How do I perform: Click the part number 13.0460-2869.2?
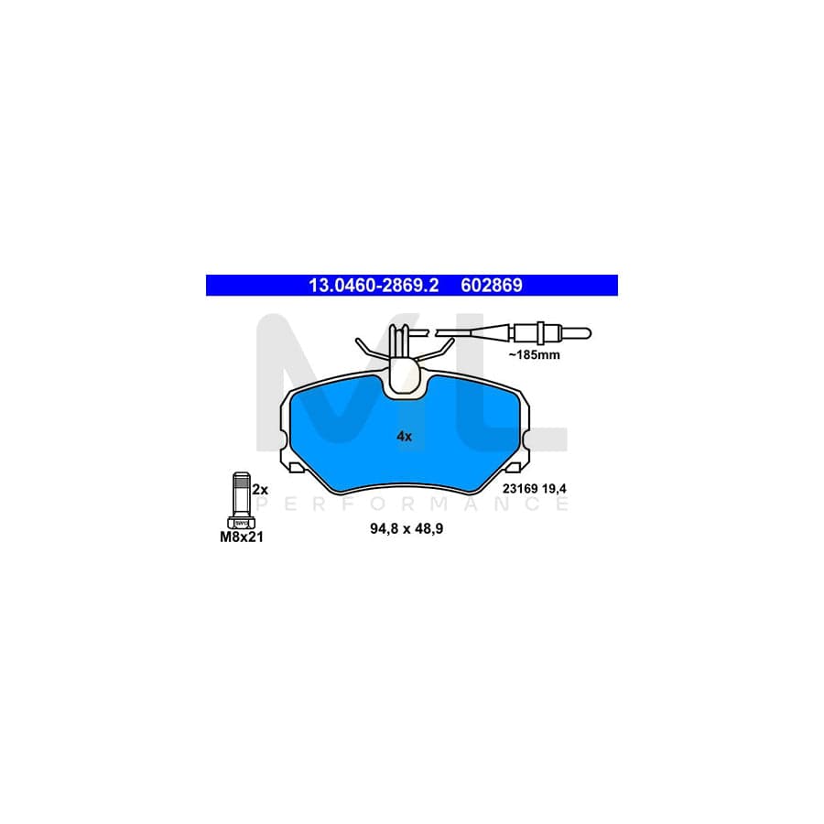coord(374,286)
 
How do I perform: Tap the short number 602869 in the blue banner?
coord(492,286)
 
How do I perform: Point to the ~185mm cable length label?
coord(534,354)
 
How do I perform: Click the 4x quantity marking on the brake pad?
coord(404,436)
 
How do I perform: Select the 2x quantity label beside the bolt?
coord(260,490)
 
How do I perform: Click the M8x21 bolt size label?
coord(242,537)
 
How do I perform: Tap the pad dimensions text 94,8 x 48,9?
coord(407,528)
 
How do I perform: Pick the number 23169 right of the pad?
coord(520,489)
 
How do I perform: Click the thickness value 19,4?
coord(555,489)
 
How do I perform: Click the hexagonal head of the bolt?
coord(241,523)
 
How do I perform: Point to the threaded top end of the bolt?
coord(241,479)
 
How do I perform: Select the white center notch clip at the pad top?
coord(404,374)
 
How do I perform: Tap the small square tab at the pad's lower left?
coord(297,467)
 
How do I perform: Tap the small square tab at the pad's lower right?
coord(513,467)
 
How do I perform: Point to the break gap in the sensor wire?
coord(432,332)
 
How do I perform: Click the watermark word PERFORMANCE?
coord(411,504)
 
